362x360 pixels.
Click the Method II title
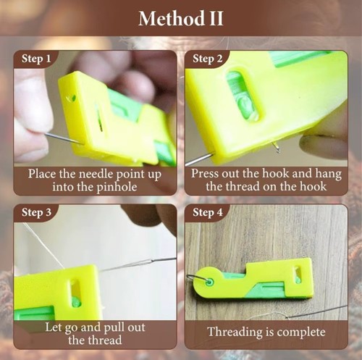click(180, 17)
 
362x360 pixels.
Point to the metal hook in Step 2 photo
click(276, 148)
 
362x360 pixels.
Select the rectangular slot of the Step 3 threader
click(75, 293)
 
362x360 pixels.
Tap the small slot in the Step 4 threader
click(297, 275)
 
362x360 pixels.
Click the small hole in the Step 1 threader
click(71, 98)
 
